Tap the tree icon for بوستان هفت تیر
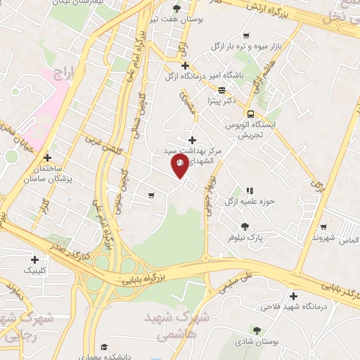176,9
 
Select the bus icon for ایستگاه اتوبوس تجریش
250,114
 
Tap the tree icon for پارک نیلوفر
244,226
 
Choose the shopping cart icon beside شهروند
323,227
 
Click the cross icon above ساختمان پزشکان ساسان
48,157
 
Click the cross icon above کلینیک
34,259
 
